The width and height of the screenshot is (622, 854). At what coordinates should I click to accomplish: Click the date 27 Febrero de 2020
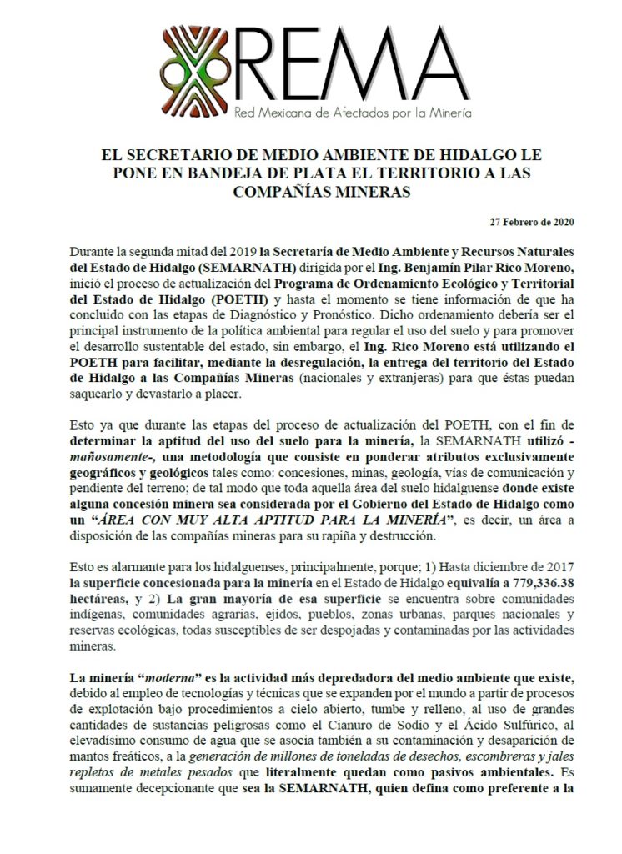coord(532,222)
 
